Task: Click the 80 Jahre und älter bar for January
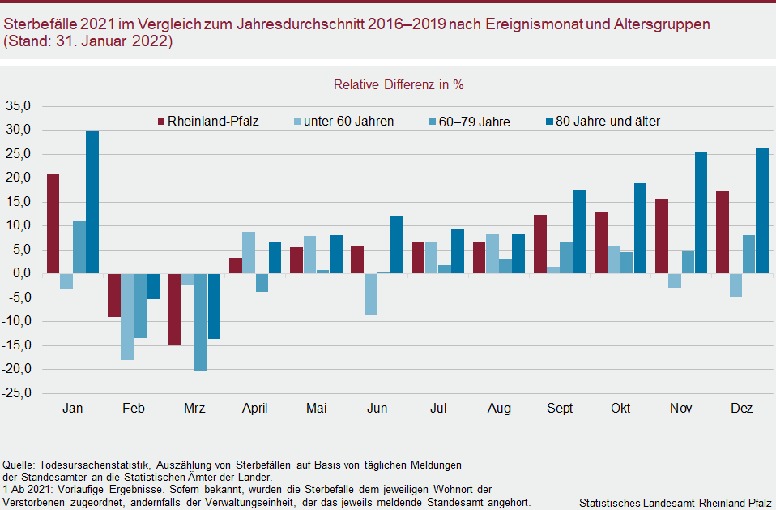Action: click(92, 202)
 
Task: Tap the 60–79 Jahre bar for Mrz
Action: click(201, 322)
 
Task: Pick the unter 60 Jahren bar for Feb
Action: click(127, 316)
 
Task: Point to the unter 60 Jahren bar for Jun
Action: click(370, 294)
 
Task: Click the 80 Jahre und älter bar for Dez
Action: click(761, 211)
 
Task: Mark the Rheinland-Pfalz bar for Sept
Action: click(540, 244)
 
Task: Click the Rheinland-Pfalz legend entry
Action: click(207, 122)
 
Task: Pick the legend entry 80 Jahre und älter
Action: click(607, 122)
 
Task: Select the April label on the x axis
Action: click(255, 409)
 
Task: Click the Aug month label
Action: click(499, 409)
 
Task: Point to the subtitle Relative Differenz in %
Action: click(399, 84)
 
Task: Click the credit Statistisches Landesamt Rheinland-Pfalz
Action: click(676, 503)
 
